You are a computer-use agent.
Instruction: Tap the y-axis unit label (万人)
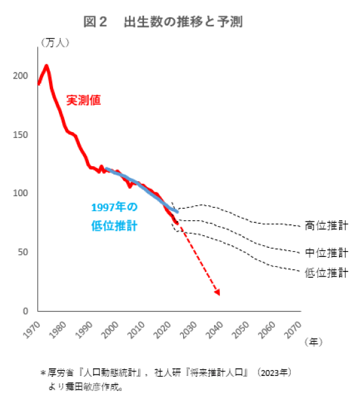(x=55, y=42)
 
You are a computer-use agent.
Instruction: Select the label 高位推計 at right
(x=326, y=226)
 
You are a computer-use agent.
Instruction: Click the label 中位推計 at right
(x=326, y=252)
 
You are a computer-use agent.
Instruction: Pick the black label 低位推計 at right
(x=326, y=273)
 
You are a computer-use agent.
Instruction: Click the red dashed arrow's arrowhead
(x=217, y=292)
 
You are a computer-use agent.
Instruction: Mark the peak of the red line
(x=46, y=65)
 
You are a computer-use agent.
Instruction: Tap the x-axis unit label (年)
(x=314, y=341)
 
